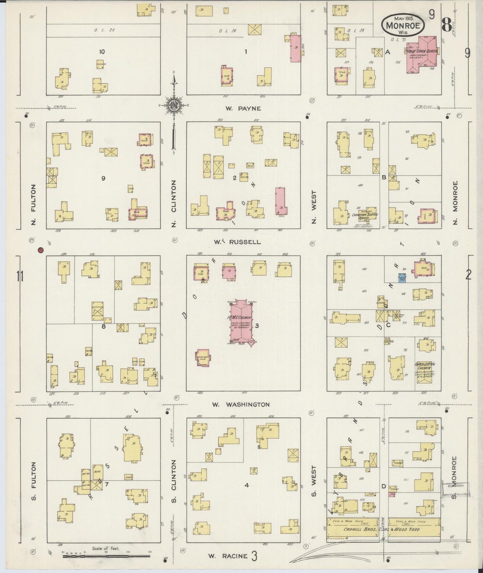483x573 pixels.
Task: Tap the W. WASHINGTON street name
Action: tap(241, 405)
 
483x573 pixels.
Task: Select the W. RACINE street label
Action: tap(228, 556)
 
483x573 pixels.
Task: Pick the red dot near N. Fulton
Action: tap(40, 250)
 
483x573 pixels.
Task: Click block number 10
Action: tap(102, 51)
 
